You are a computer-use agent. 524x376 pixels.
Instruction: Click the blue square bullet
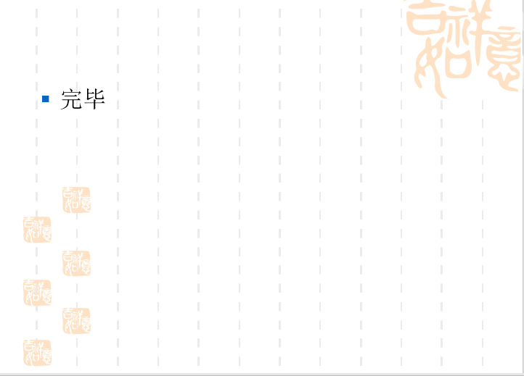click(46, 99)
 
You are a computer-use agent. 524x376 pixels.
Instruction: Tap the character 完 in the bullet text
click(71, 99)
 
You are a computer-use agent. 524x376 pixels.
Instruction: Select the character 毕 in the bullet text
click(95, 99)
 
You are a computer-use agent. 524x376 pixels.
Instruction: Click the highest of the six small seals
click(76, 200)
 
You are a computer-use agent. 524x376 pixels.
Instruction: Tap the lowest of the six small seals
click(37, 352)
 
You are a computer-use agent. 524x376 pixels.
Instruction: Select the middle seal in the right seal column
click(76, 263)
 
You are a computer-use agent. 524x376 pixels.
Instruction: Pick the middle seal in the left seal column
click(37, 292)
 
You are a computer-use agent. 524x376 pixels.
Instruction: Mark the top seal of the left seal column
click(37, 229)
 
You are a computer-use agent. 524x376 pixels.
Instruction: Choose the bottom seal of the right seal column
click(76, 321)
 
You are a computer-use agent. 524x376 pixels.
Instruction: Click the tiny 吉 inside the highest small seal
click(69, 193)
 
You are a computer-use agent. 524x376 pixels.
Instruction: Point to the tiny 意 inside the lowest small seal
click(45, 358)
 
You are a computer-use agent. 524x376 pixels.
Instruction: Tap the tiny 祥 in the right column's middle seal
click(83, 256)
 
